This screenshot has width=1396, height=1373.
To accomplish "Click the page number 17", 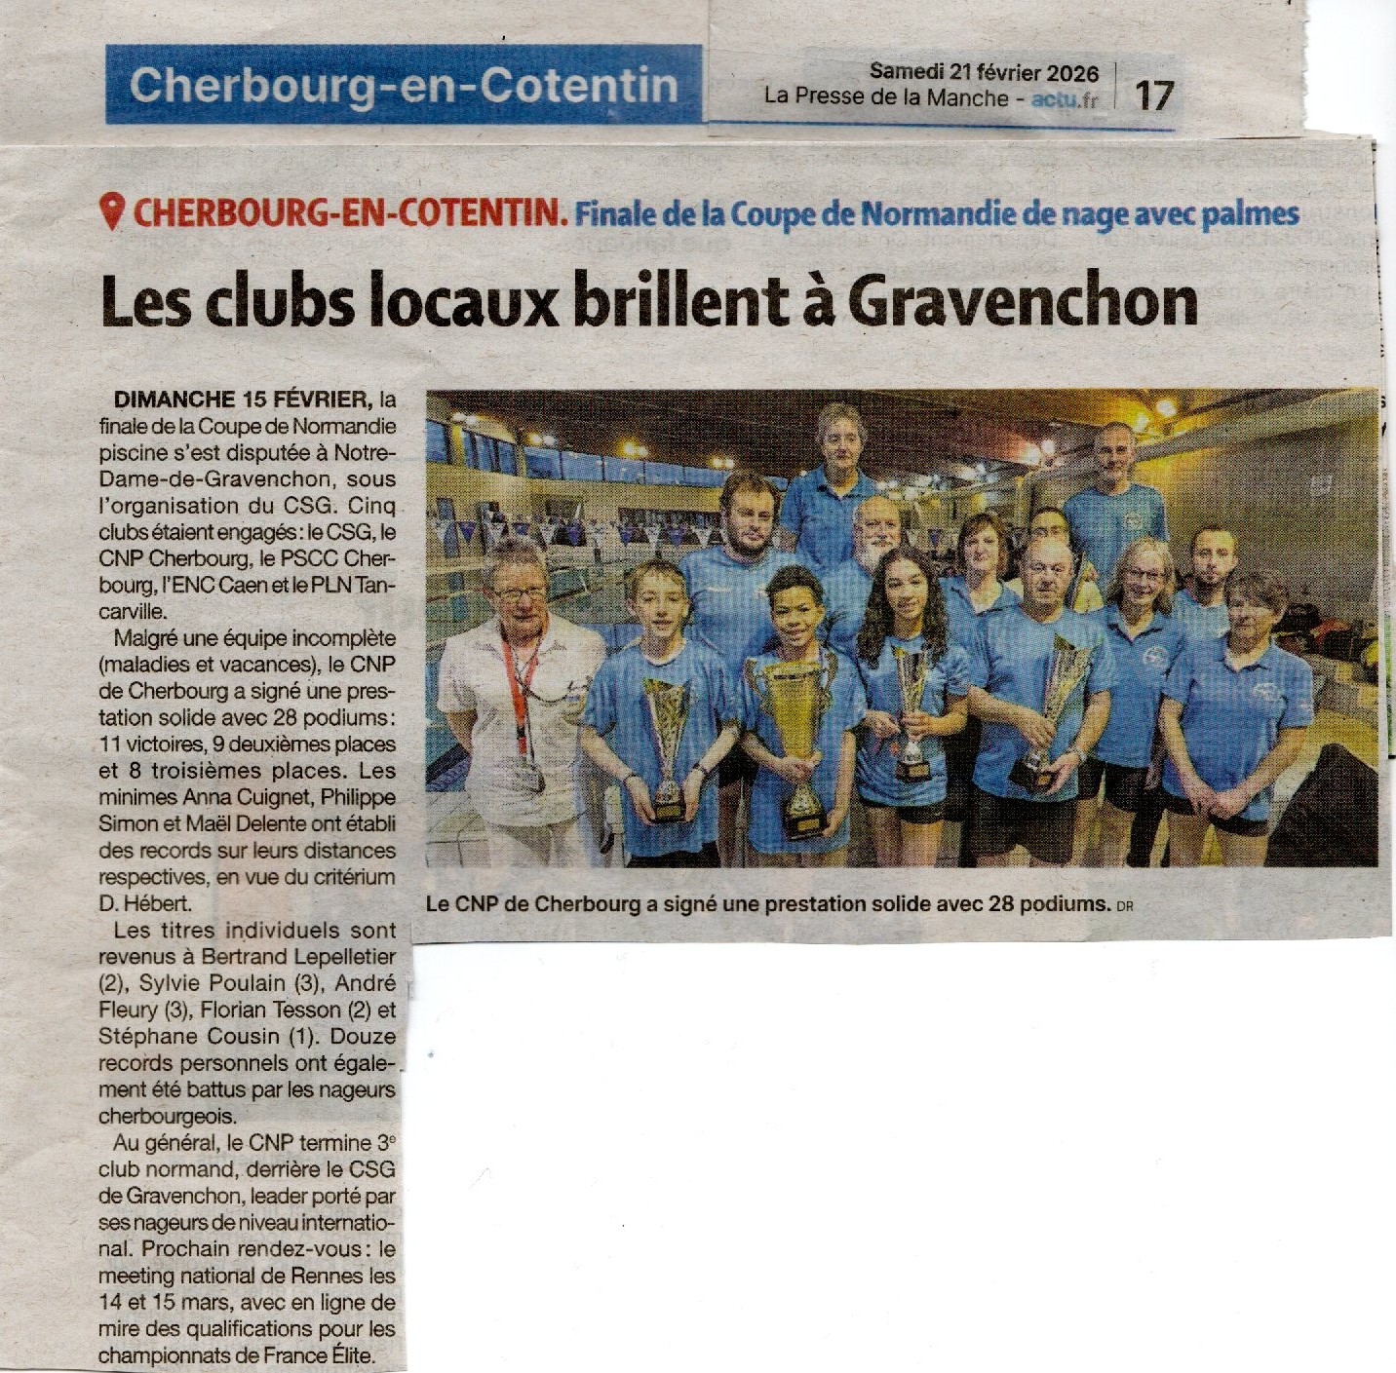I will click(1153, 95).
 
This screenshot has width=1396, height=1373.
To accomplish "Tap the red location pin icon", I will click(113, 211).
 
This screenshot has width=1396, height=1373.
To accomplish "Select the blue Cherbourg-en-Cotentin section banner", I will click(404, 85).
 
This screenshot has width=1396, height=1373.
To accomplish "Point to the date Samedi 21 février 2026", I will click(984, 72).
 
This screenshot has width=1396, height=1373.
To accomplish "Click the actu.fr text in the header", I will click(1064, 98).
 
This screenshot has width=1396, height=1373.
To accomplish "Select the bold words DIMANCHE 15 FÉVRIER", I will click(242, 400).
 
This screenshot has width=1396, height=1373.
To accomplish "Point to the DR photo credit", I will click(1125, 906).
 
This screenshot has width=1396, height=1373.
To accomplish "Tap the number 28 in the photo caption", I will click(1001, 903).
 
